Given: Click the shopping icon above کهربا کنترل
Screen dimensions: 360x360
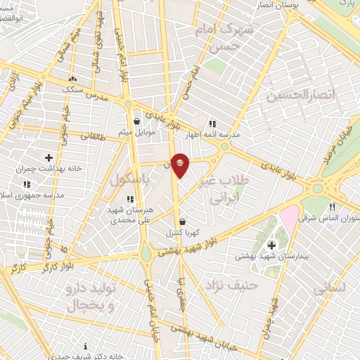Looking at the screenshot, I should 182,221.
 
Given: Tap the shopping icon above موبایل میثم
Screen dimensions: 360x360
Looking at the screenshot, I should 136,121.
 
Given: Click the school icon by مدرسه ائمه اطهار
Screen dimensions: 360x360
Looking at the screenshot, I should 212,124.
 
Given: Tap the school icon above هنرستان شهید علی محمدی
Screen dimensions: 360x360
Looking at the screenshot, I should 130,200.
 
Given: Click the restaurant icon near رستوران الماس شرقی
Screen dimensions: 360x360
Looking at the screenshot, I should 332,207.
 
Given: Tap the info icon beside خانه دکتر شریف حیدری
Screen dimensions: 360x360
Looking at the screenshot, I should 86,346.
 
